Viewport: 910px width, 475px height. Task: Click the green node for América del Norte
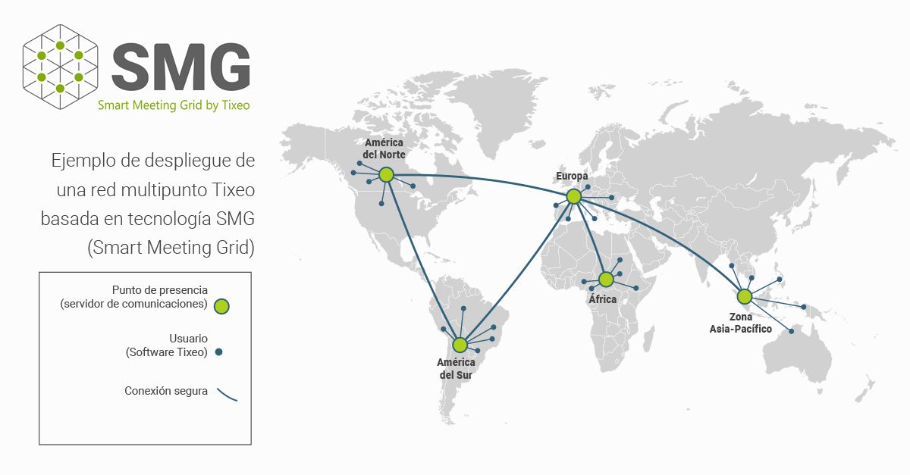386,175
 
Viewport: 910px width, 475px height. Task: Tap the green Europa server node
574,196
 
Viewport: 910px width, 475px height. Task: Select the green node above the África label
605,280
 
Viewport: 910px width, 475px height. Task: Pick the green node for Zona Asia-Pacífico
744,296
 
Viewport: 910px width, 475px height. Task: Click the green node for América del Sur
460,345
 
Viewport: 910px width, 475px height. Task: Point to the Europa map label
572,177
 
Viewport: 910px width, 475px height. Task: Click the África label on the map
603,299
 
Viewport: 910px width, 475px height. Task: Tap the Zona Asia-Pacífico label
741,323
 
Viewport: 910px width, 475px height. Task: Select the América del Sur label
455,369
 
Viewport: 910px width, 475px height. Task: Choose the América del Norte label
384,148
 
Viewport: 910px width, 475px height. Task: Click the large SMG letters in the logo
180,67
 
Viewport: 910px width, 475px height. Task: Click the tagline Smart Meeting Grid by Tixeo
174,105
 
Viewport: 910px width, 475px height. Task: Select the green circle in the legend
221,306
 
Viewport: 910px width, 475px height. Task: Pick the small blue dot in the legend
218,352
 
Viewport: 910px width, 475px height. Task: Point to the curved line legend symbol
227,395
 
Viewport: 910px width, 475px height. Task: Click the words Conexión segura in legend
166,392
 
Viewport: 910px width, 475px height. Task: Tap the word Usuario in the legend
189,339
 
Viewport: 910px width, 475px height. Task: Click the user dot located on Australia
792,331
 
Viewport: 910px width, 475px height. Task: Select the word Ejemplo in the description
79,161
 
